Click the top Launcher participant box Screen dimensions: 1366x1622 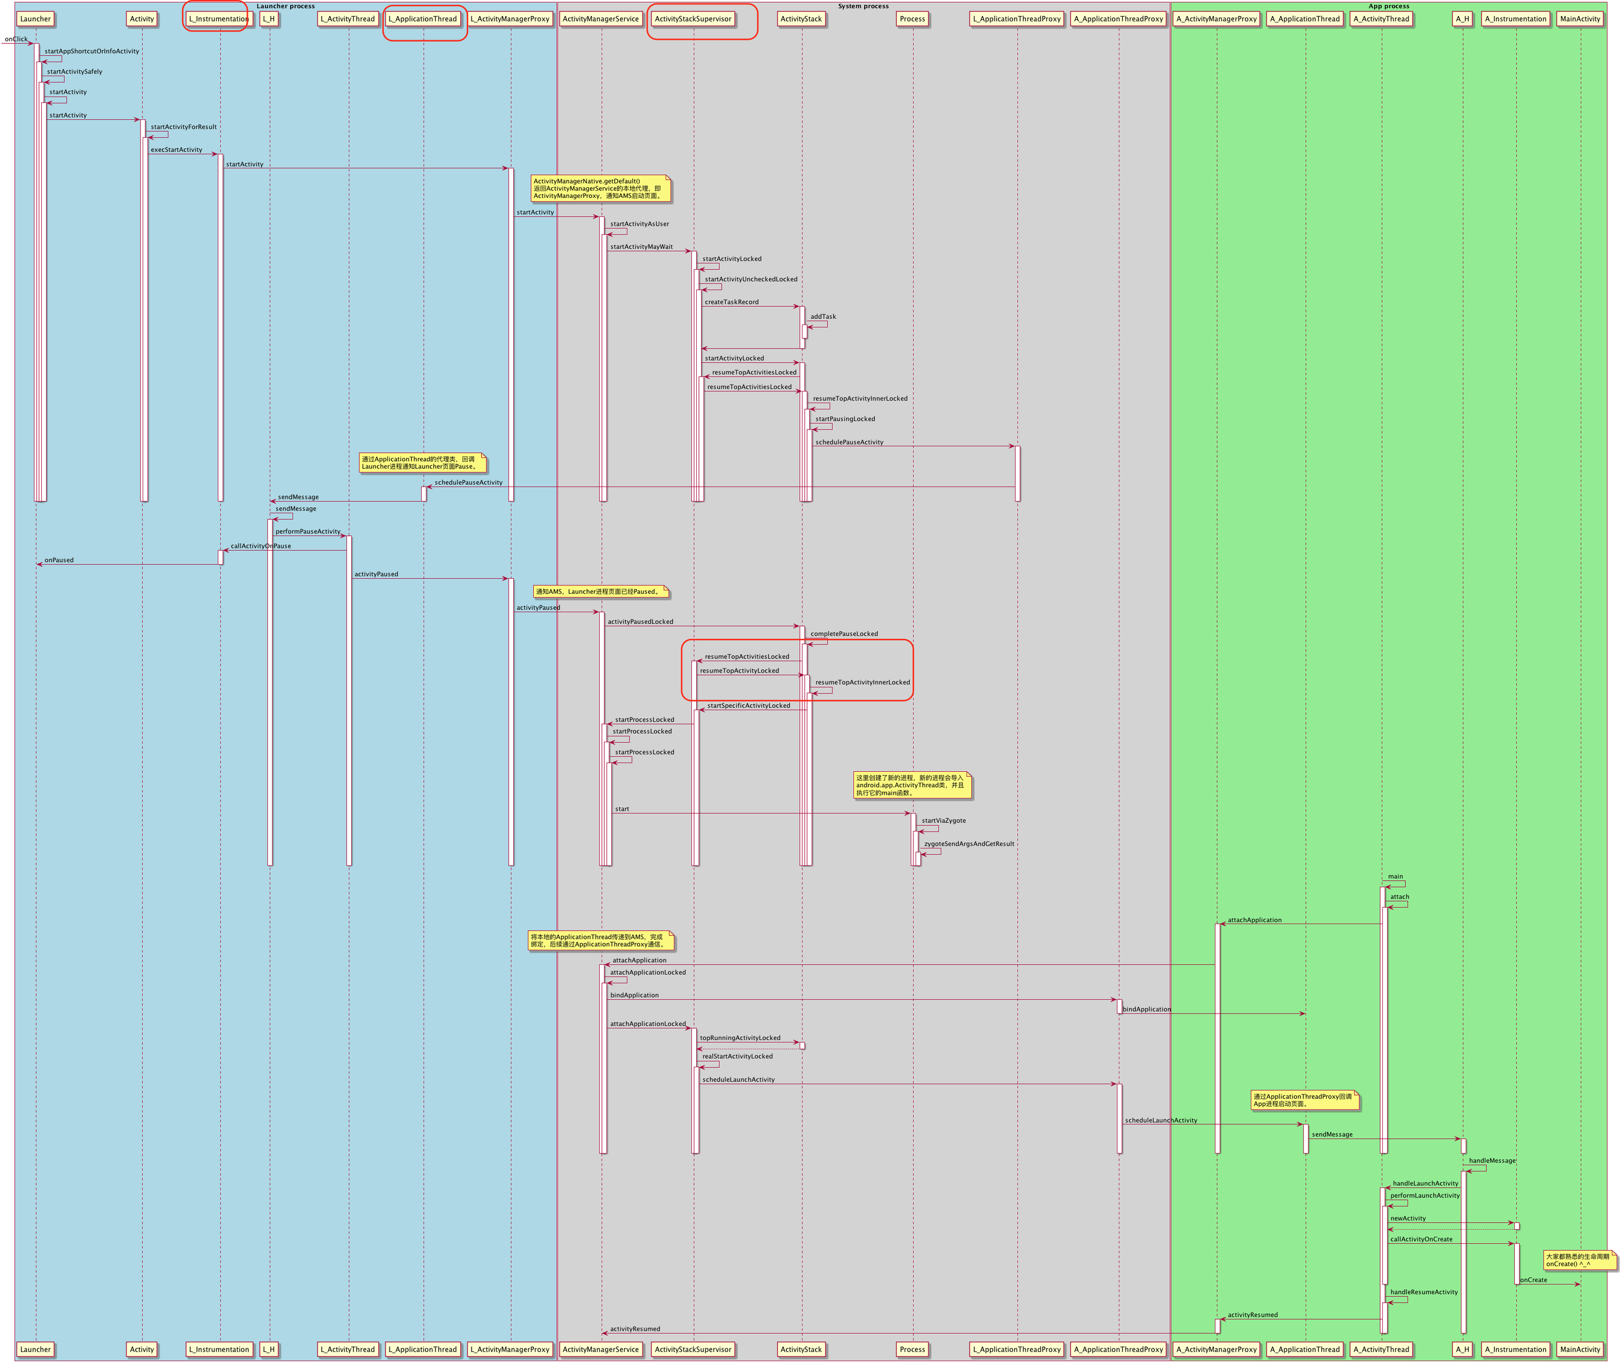pyautogui.click(x=35, y=19)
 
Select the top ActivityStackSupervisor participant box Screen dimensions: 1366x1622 pyautogui.click(x=692, y=19)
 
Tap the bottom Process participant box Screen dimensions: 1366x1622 pyautogui.click(x=912, y=1349)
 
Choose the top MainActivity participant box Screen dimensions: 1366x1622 pyautogui.click(x=1580, y=19)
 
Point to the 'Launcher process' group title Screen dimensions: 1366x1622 pyautogui.click(x=286, y=6)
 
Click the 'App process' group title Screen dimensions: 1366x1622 pyautogui.click(x=1389, y=6)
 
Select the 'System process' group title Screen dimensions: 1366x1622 pyautogui.click(x=863, y=6)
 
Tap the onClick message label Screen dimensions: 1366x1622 pyautogui.click(x=16, y=39)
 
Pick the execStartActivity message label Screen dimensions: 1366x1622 pyautogui.click(x=176, y=150)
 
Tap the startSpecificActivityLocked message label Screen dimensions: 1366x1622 pyautogui.click(x=748, y=705)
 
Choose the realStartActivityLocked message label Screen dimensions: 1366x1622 pyautogui.click(x=738, y=1056)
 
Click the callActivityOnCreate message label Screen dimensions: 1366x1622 pyautogui.click(x=1421, y=1239)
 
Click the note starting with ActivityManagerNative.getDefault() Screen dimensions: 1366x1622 pyautogui.click(x=600, y=188)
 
